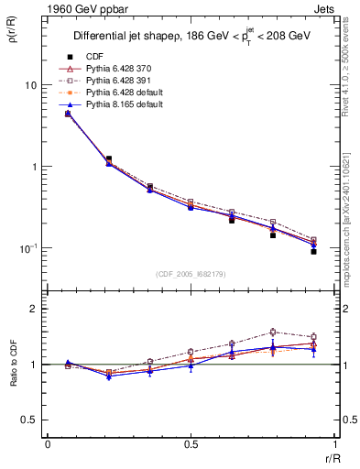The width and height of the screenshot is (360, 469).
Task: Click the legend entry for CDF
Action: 94,57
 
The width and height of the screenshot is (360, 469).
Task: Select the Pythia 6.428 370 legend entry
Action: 113,69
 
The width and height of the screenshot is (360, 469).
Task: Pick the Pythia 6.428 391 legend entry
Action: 113,81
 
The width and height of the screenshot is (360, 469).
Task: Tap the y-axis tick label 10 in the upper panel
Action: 30,85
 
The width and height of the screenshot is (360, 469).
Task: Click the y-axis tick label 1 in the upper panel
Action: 33,167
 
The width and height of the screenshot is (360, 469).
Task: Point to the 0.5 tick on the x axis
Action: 190,444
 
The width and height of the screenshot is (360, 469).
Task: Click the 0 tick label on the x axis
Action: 48,444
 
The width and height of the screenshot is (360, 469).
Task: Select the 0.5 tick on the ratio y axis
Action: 29,420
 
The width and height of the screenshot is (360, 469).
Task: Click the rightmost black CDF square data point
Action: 313,251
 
